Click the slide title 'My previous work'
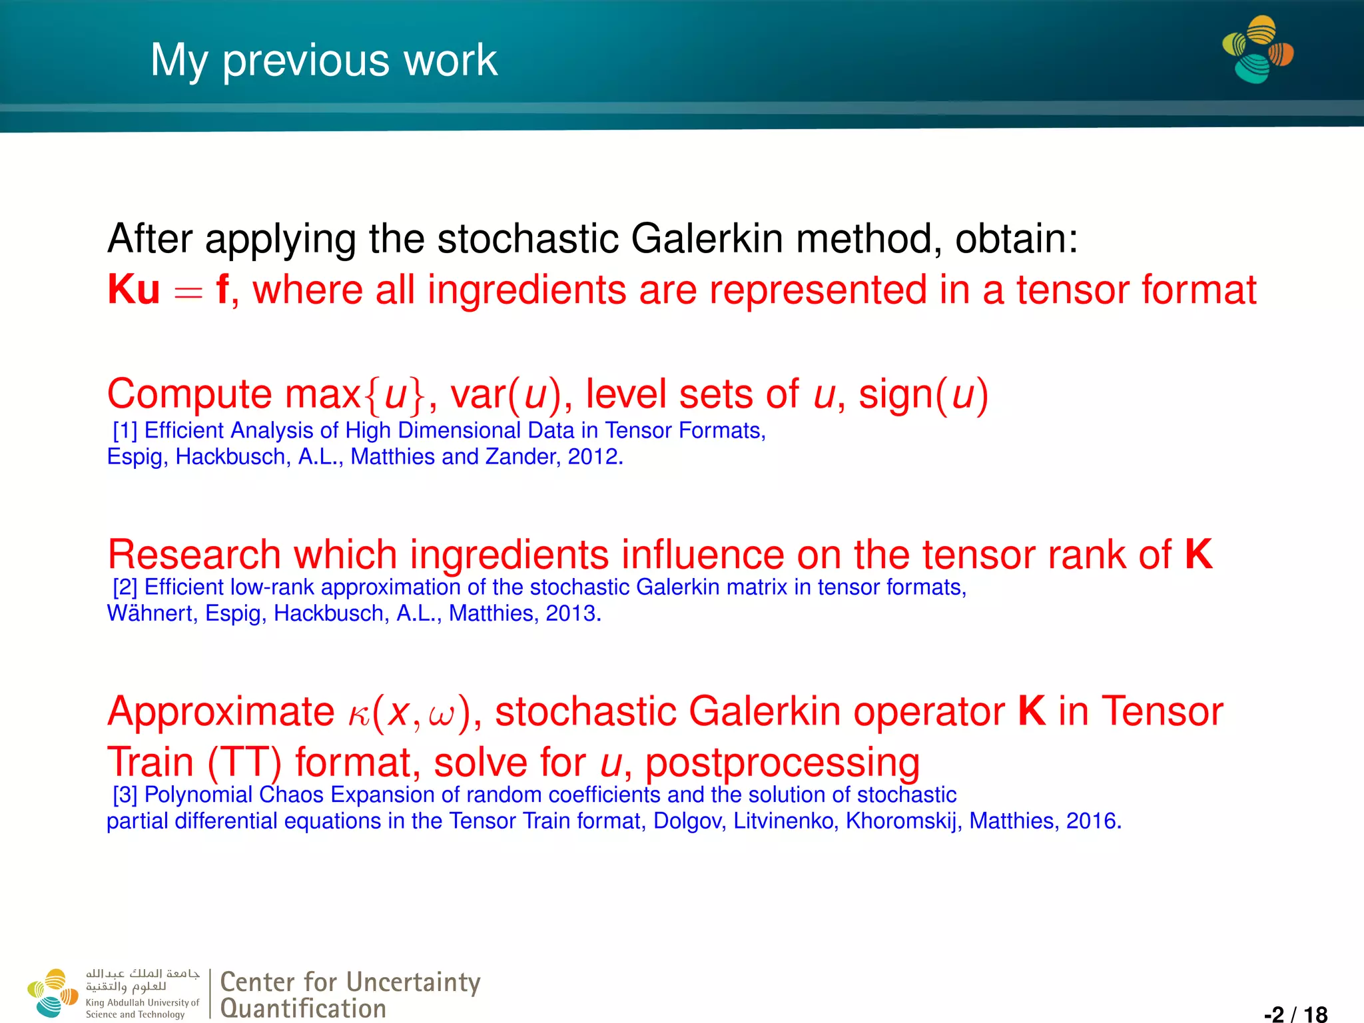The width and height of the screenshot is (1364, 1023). [324, 61]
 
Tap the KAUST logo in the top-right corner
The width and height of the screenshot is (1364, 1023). [1257, 50]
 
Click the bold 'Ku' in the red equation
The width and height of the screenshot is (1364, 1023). [134, 290]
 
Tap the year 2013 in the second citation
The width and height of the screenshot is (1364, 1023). [572, 613]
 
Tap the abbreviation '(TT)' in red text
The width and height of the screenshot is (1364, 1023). [244, 763]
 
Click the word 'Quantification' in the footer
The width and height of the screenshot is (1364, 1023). [303, 1008]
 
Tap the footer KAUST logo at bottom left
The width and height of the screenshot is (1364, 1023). [53, 993]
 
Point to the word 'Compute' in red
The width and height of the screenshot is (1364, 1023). [190, 394]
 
